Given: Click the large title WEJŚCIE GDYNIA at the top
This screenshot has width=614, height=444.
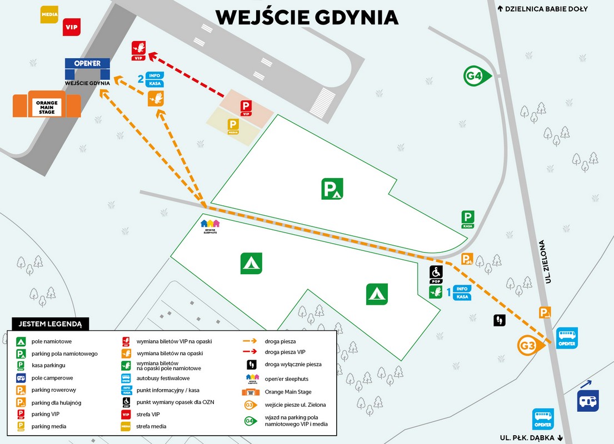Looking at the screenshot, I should pyautogui.click(x=307, y=17).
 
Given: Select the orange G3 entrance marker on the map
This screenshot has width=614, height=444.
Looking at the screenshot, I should pyautogui.click(x=530, y=346).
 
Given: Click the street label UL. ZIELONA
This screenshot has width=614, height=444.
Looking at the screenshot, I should pyautogui.click(x=547, y=261).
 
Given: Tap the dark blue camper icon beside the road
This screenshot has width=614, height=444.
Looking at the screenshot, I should pyautogui.click(x=588, y=400).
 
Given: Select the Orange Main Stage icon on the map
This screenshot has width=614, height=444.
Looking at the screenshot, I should pyautogui.click(x=47, y=104).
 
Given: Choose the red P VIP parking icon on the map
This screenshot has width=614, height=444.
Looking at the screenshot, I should pyautogui.click(x=246, y=108).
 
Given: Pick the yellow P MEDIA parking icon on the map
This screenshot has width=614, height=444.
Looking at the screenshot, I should pyautogui.click(x=233, y=127).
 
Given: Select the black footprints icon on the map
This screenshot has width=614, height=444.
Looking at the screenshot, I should pyautogui.click(x=499, y=320).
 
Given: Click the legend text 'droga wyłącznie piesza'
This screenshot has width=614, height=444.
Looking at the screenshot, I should pyautogui.click(x=293, y=365).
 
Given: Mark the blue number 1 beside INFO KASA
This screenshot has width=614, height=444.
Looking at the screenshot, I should pyautogui.click(x=450, y=292).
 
